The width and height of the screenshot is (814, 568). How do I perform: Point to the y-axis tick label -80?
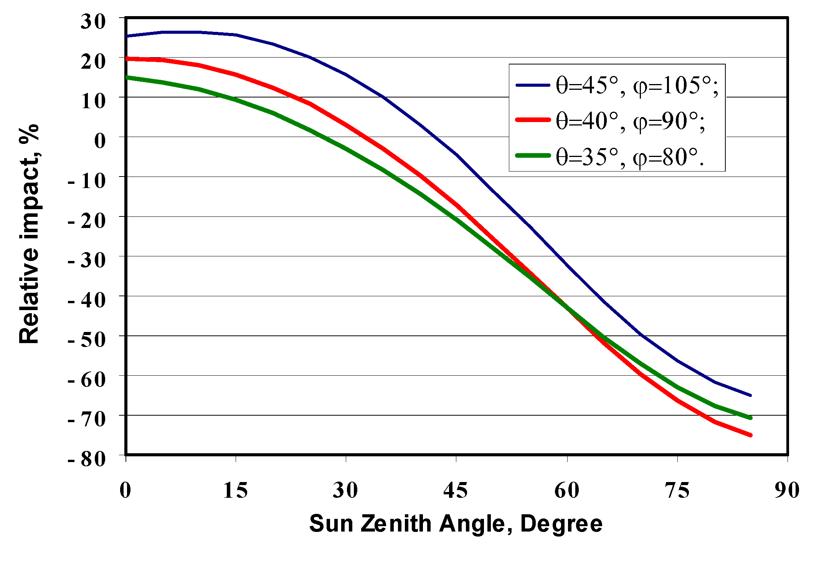click(x=87, y=459)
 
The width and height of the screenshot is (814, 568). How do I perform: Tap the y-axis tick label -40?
click(x=87, y=300)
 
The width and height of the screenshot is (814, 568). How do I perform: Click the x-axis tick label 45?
click(x=456, y=490)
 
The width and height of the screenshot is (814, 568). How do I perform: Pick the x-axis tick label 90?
click(x=787, y=490)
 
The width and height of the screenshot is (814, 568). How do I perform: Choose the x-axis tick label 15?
click(x=235, y=490)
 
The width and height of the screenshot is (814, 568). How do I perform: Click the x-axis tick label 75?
click(x=677, y=490)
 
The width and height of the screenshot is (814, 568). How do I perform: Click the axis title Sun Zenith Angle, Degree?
click(x=456, y=523)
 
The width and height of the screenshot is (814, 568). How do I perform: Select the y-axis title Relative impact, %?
click(x=29, y=234)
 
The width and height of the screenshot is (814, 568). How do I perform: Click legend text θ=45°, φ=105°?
click(x=637, y=85)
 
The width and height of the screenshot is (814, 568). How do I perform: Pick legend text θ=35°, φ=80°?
click(x=629, y=157)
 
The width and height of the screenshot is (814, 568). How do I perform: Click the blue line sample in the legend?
click(x=533, y=85)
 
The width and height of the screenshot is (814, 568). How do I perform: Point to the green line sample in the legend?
click(x=533, y=155)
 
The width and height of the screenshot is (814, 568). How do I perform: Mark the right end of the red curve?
click(x=750, y=435)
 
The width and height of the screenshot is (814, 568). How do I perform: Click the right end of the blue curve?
click(x=750, y=395)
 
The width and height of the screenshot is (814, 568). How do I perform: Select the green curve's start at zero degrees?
click(x=127, y=77)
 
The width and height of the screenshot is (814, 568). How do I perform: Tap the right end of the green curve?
click(x=750, y=418)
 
